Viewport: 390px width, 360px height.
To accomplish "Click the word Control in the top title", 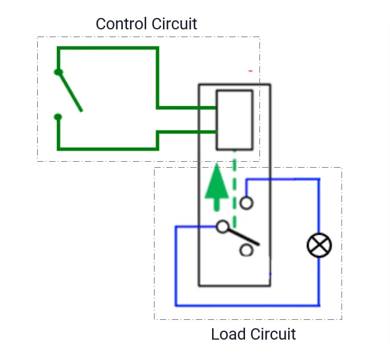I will tap(120, 24).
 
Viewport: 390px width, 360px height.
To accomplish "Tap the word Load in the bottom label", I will tap(228, 334).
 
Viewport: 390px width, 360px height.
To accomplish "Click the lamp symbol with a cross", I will tap(319, 245).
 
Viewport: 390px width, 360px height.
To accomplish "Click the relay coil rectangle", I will tap(234, 120).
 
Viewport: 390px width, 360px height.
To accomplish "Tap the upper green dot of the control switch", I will tap(58, 72).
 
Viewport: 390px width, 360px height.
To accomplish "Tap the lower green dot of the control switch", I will tap(58, 117).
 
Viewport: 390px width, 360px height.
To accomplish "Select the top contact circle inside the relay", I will tap(246, 203).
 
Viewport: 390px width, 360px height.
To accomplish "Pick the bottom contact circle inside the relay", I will tap(246, 250).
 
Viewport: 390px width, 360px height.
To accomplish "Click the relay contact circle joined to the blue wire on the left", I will tap(223, 226).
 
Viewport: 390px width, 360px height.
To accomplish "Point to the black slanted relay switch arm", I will tap(243, 237).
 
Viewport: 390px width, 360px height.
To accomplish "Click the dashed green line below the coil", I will tap(234, 174).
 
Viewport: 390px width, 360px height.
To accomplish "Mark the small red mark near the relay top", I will tap(250, 71).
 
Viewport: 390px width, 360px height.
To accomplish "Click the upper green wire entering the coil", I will tap(186, 108).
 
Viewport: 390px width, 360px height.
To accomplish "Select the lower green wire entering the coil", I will tap(186, 131).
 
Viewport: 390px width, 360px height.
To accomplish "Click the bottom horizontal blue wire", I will tap(246, 305).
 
